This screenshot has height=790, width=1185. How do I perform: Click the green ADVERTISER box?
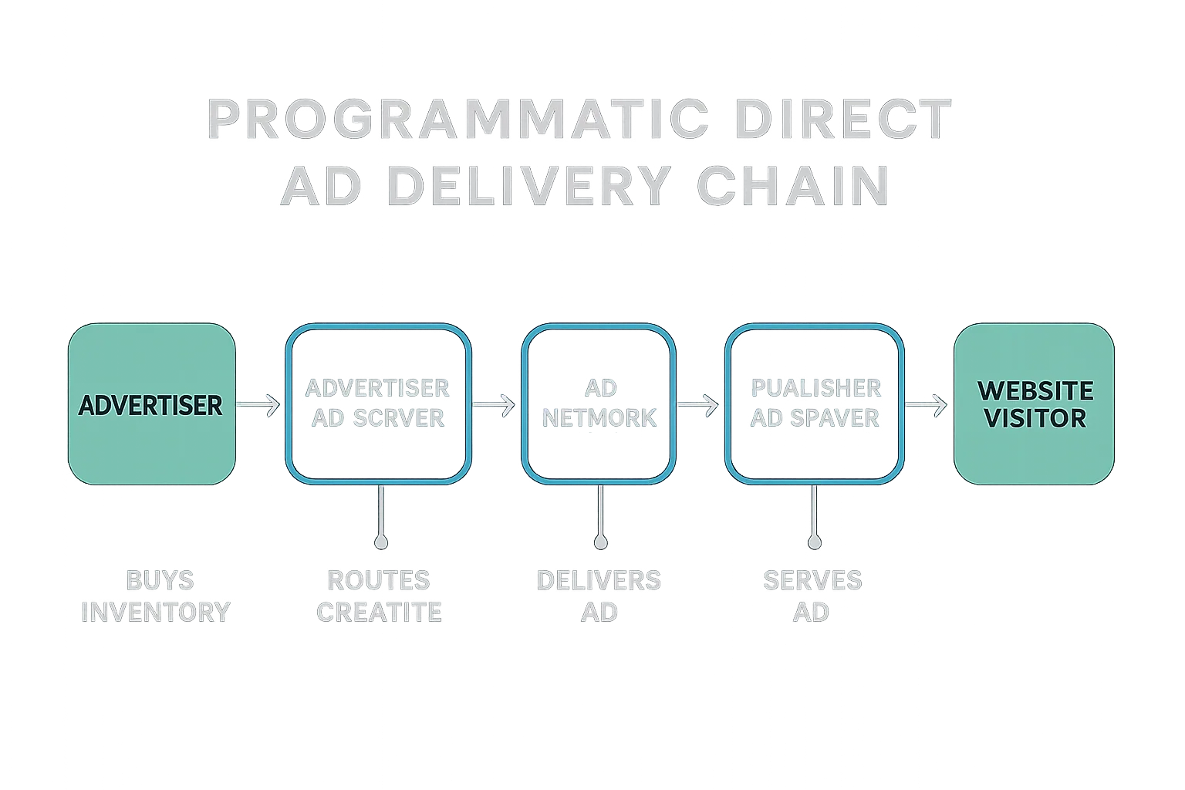(151, 404)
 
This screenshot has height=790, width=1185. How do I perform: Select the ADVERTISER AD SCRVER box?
(378, 404)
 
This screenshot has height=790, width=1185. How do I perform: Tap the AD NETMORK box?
(599, 404)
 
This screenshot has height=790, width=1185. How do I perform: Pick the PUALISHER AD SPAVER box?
(815, 404)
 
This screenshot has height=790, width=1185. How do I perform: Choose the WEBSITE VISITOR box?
(1034, 404)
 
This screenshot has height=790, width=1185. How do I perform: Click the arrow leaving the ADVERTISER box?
(258, 404)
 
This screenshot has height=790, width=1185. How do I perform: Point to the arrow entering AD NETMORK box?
(494, 404)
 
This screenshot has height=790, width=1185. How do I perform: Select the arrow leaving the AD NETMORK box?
(697, 404)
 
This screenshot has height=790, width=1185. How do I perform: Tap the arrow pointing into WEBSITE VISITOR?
(926, 404)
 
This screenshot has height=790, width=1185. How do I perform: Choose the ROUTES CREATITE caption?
(379, 596)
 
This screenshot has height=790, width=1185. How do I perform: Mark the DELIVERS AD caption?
(599, 596)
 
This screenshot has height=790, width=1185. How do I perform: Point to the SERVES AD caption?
(813, 596)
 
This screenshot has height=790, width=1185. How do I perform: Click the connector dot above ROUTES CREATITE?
(380, 542)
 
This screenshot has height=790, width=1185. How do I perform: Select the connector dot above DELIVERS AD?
(600, 542)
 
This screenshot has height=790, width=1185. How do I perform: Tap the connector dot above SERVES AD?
(814, 542)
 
